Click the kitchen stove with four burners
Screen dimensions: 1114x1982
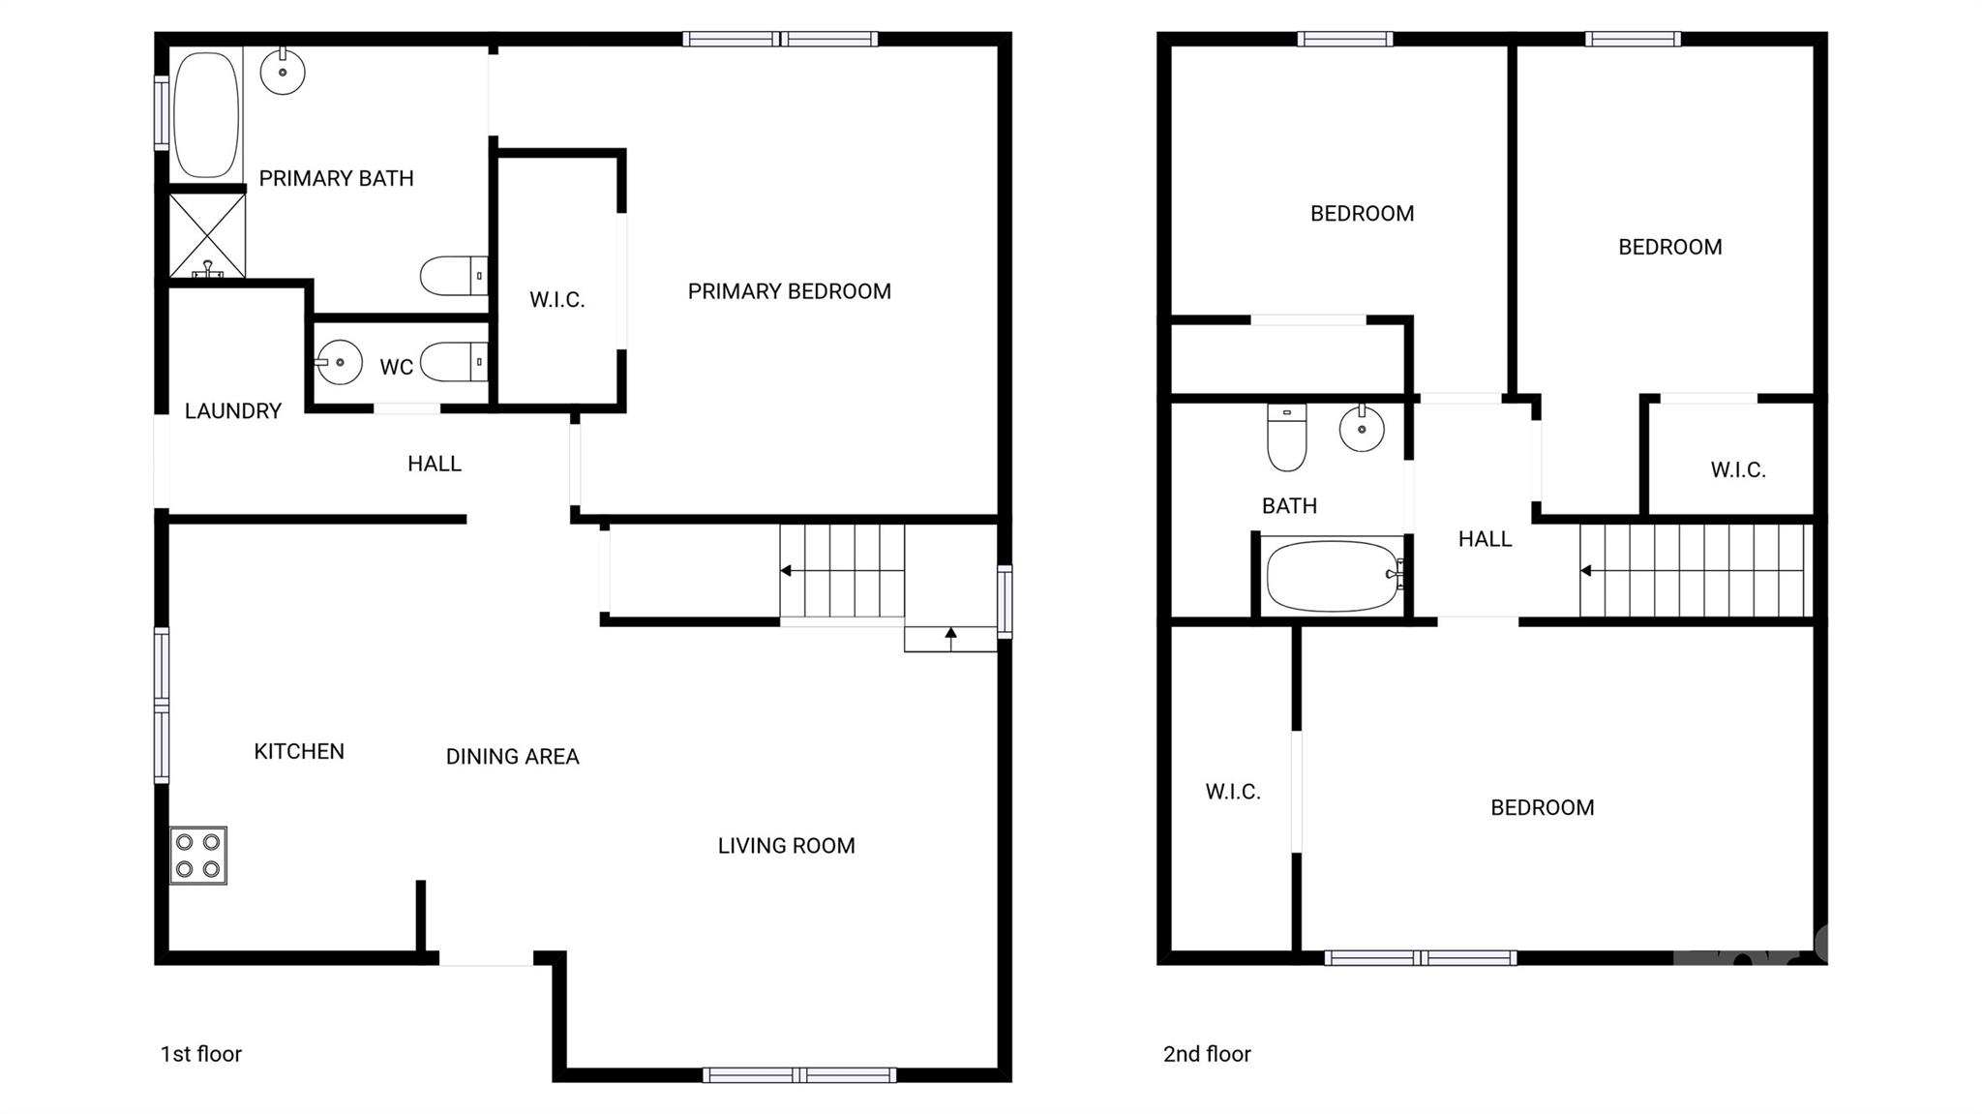coord(198,855)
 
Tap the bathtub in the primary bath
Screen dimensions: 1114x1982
coord(205,114)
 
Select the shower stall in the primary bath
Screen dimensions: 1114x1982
coord(207,235)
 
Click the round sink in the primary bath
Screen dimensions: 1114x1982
coord(283,72)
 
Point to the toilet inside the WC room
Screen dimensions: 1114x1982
coord(454,362)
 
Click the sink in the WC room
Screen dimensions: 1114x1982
coord(338,363)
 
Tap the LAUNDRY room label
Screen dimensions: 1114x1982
coord(232,411)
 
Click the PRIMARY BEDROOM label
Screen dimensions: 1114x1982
coord(789,291)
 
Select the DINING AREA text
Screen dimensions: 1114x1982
coord(512,757)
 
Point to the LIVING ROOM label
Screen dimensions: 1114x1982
coord(786,846)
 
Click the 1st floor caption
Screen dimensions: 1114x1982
coord(200,1054)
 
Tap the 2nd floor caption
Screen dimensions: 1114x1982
coord(1207,1054)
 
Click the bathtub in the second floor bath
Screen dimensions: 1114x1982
coord(1333,576)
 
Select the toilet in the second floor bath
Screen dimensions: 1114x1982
coord(1286,437)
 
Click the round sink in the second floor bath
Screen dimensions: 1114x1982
coord(1362,428)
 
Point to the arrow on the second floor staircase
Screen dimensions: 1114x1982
coord(1585,571)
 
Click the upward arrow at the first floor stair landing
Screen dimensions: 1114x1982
coord(950,635)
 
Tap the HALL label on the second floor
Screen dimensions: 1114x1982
coord(1485,539)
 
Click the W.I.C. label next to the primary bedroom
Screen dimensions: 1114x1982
coord(556,300)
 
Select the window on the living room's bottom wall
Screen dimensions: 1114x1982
coord(799,1074)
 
